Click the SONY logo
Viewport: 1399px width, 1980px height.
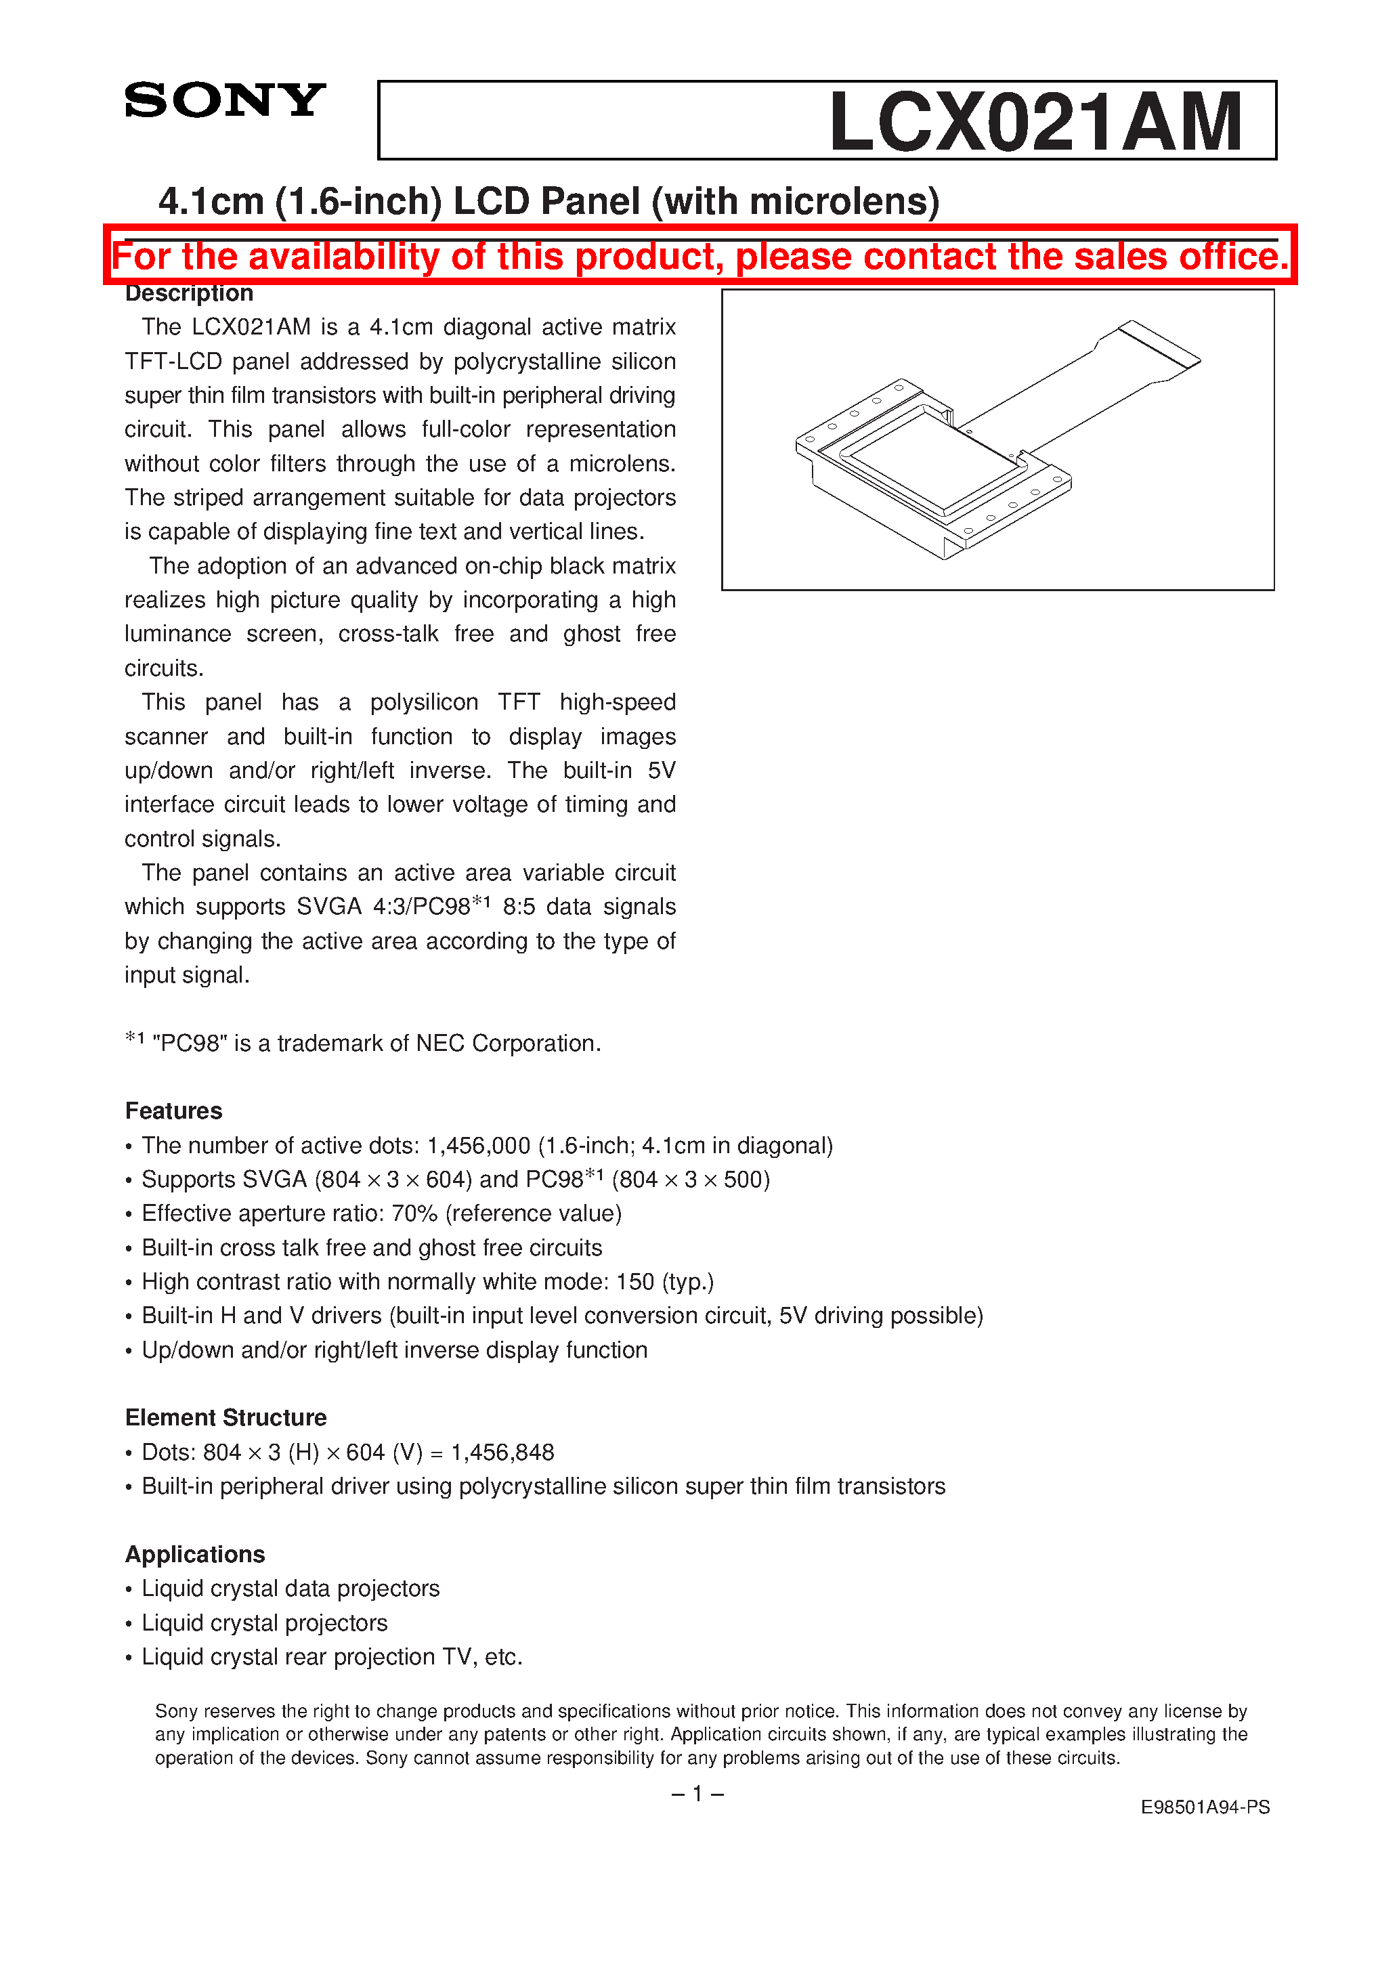[224, 100]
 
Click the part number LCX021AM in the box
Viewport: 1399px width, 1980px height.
[1034, 122]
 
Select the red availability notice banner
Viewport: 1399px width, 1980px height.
[699, 256]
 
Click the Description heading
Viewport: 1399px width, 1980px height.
[189, 293]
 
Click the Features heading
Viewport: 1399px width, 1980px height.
[173, 1111]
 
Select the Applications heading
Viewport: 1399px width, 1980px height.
[195, 1554]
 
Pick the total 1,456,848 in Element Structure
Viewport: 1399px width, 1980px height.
[502, 1452]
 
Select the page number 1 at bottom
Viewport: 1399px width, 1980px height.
[697, 1794]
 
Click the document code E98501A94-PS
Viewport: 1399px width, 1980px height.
[1204, 1807]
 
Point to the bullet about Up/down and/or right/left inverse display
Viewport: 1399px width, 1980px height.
[393, 1350]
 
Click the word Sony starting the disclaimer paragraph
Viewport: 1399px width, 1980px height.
[177, 1711]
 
